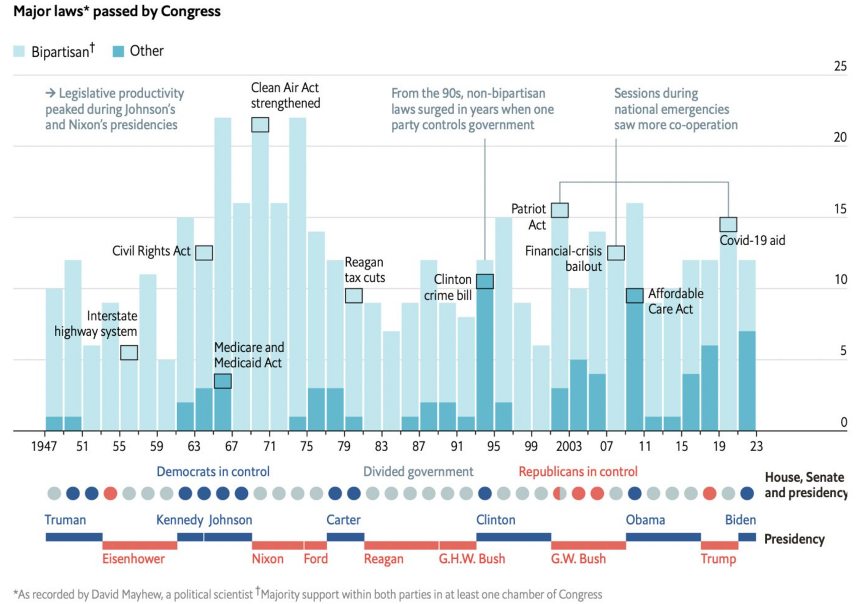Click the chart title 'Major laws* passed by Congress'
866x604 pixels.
(117, 11)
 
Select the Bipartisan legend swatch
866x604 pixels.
(19, 51)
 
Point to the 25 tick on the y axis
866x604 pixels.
(840, 66)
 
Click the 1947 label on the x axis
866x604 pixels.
(44, 446)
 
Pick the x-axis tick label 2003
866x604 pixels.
(569, 446)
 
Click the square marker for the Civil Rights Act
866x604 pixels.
(204, 253)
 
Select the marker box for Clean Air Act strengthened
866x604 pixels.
(260, 125)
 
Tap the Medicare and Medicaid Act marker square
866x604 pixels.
(223, 381)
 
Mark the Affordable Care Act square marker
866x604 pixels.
(634, 295)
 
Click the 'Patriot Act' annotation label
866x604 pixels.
(529, 217)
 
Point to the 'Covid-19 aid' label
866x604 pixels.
(752, 241)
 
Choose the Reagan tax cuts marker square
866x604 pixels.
(353, 295)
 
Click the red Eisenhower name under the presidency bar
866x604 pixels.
(133, 559)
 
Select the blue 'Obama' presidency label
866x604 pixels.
(645, 520)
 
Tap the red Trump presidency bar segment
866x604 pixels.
(719, 546)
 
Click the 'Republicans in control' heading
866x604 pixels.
(578, 472)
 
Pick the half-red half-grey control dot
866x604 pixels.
(560, 493)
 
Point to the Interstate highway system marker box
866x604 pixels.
(129, 352)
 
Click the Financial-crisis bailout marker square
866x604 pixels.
(616, 253)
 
